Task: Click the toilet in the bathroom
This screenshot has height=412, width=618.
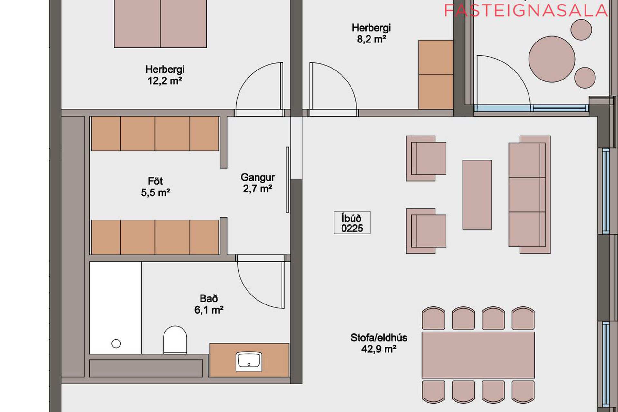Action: (x=175, y=340)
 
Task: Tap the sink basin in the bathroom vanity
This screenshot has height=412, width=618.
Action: (x=249, y=361)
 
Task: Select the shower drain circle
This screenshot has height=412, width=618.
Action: (x=116, y=344)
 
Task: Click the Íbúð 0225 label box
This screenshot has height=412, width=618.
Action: (x=352, y=223)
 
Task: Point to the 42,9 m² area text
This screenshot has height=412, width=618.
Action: (x=379, y=349)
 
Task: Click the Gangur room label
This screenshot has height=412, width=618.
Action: (x=257, y=177)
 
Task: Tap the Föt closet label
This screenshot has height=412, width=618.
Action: (x=155, y=181)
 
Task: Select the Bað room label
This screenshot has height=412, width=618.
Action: (x=209, y=298)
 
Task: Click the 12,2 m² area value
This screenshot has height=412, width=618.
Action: (x=165, y=80)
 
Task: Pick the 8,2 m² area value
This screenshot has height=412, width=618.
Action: (x=371, y=39)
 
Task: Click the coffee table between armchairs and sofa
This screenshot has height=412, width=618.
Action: (x=477, y=195)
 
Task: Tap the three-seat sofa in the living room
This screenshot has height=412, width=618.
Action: (x=529, y=194)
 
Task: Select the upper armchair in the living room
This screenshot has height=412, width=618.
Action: (x=426, y=158)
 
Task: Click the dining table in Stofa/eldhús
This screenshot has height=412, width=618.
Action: (x=478, y=355)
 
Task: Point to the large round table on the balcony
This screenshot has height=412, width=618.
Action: (x=552, y=59)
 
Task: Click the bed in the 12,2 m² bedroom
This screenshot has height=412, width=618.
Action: (x=160, y=24)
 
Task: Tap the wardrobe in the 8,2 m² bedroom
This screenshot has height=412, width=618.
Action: (x=436, y=75)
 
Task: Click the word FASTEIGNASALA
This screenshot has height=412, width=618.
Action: (x=526, y=11)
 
